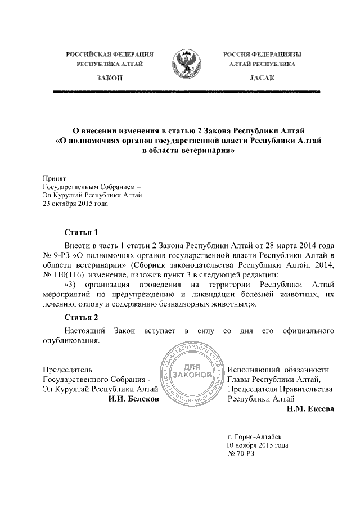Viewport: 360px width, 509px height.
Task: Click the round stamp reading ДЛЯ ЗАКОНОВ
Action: (x=192, y=375)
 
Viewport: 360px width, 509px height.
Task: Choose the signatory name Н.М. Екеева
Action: (x=310, y=409)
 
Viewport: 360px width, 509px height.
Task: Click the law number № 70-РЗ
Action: (x=241, y=454)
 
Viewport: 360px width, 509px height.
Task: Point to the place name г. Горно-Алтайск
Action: (x=255, y=436)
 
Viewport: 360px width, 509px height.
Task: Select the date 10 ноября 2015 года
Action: (x=257, y=445)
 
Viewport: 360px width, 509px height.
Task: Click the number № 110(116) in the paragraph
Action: (x=65, y=274)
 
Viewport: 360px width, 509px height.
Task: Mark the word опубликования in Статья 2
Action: (x=71, y=340)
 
